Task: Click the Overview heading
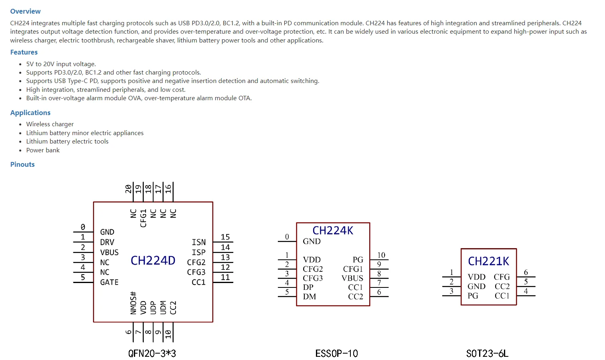point(25,11)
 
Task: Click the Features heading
point(24,52)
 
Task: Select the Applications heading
point(30,113)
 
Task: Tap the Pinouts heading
point(22,164)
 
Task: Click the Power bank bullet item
point(43,150)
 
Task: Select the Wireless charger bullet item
point(50,124)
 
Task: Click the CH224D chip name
point(153,261)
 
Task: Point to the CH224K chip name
point(333,231)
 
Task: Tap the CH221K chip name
point(488,261)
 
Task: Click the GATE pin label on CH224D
point(109,282)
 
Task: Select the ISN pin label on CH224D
point(198,242)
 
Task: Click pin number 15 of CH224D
point(225,237)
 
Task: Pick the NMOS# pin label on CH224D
point(134,303)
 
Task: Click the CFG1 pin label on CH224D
point(143,218)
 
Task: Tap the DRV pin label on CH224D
point(107,242)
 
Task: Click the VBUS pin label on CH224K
point(352,278)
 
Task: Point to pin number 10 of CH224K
point(381,255)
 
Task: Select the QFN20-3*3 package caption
point(152,353)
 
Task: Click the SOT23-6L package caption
point(487,353)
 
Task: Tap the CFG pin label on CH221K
point(502,277)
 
